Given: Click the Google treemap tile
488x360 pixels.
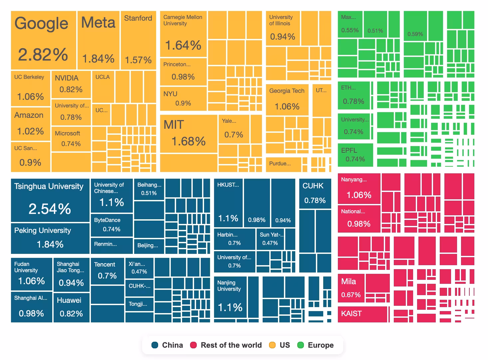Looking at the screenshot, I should (44, 40).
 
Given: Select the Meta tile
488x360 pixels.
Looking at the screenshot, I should (98, 40).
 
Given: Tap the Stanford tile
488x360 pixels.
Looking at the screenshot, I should (138, 40).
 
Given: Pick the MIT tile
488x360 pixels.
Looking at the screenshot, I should (188, 134).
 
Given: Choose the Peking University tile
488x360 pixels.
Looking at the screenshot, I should (50, 238).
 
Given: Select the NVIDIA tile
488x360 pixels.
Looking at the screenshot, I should (71, 84).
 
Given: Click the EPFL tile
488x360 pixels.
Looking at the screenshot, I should (355, 155).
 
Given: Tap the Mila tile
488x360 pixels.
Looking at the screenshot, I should (351, 288).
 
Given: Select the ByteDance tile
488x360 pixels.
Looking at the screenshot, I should (112, 225).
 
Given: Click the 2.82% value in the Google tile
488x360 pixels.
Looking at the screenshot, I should (43, 55).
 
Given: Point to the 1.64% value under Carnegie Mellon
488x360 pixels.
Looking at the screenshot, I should (183, 45).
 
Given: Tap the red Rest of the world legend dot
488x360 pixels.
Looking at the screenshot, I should (193, 345).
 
